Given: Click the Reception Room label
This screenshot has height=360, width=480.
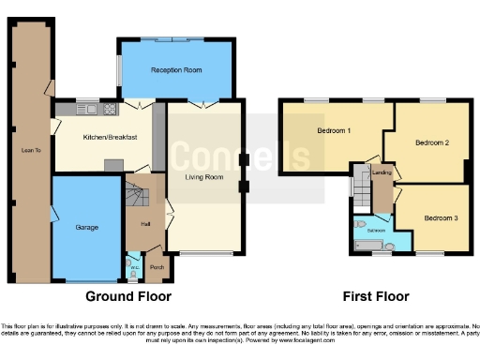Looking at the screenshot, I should tap(177, 70).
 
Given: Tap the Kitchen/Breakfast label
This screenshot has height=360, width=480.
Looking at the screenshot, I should tap(111, 138).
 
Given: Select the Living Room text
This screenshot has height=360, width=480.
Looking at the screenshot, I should tap(203, 176).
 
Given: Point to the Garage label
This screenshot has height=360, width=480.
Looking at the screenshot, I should tap(87, 228).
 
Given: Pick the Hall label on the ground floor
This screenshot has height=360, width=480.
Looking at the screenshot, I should tap(145, 224).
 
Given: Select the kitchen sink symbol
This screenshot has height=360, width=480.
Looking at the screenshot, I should tap(87, 110).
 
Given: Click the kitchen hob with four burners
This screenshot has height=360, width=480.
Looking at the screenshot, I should tap(110, 110).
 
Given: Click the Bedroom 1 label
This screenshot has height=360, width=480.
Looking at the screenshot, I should tap(335, 130).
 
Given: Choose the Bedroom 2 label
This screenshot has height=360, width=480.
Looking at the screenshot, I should tap(432, 142).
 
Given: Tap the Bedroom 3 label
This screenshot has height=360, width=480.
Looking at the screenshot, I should tap(440, 218).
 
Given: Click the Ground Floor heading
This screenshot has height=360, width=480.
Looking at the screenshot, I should tap(128, 297).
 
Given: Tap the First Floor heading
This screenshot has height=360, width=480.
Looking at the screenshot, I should tap(376, 297).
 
